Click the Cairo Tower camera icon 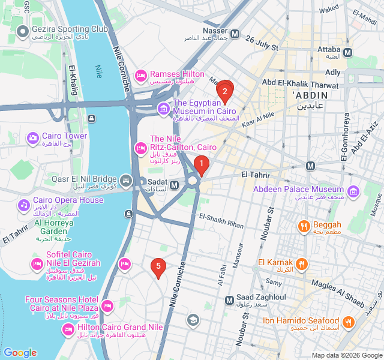click(x=32, y=139)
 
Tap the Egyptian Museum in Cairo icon click(x=163, y=109)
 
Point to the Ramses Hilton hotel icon click(x=141, y=76)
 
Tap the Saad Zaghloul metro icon click(x=229, y=300)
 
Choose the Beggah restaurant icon click(x=304, y=227)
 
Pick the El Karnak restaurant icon click(x=303, y=263)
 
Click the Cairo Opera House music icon click(x=24, y=205)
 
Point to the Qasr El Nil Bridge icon click(x=126, y=180)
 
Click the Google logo click(x=20, y=353)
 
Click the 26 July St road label click(x=262, y=43)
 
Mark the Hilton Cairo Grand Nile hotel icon click(x=68, y=329)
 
